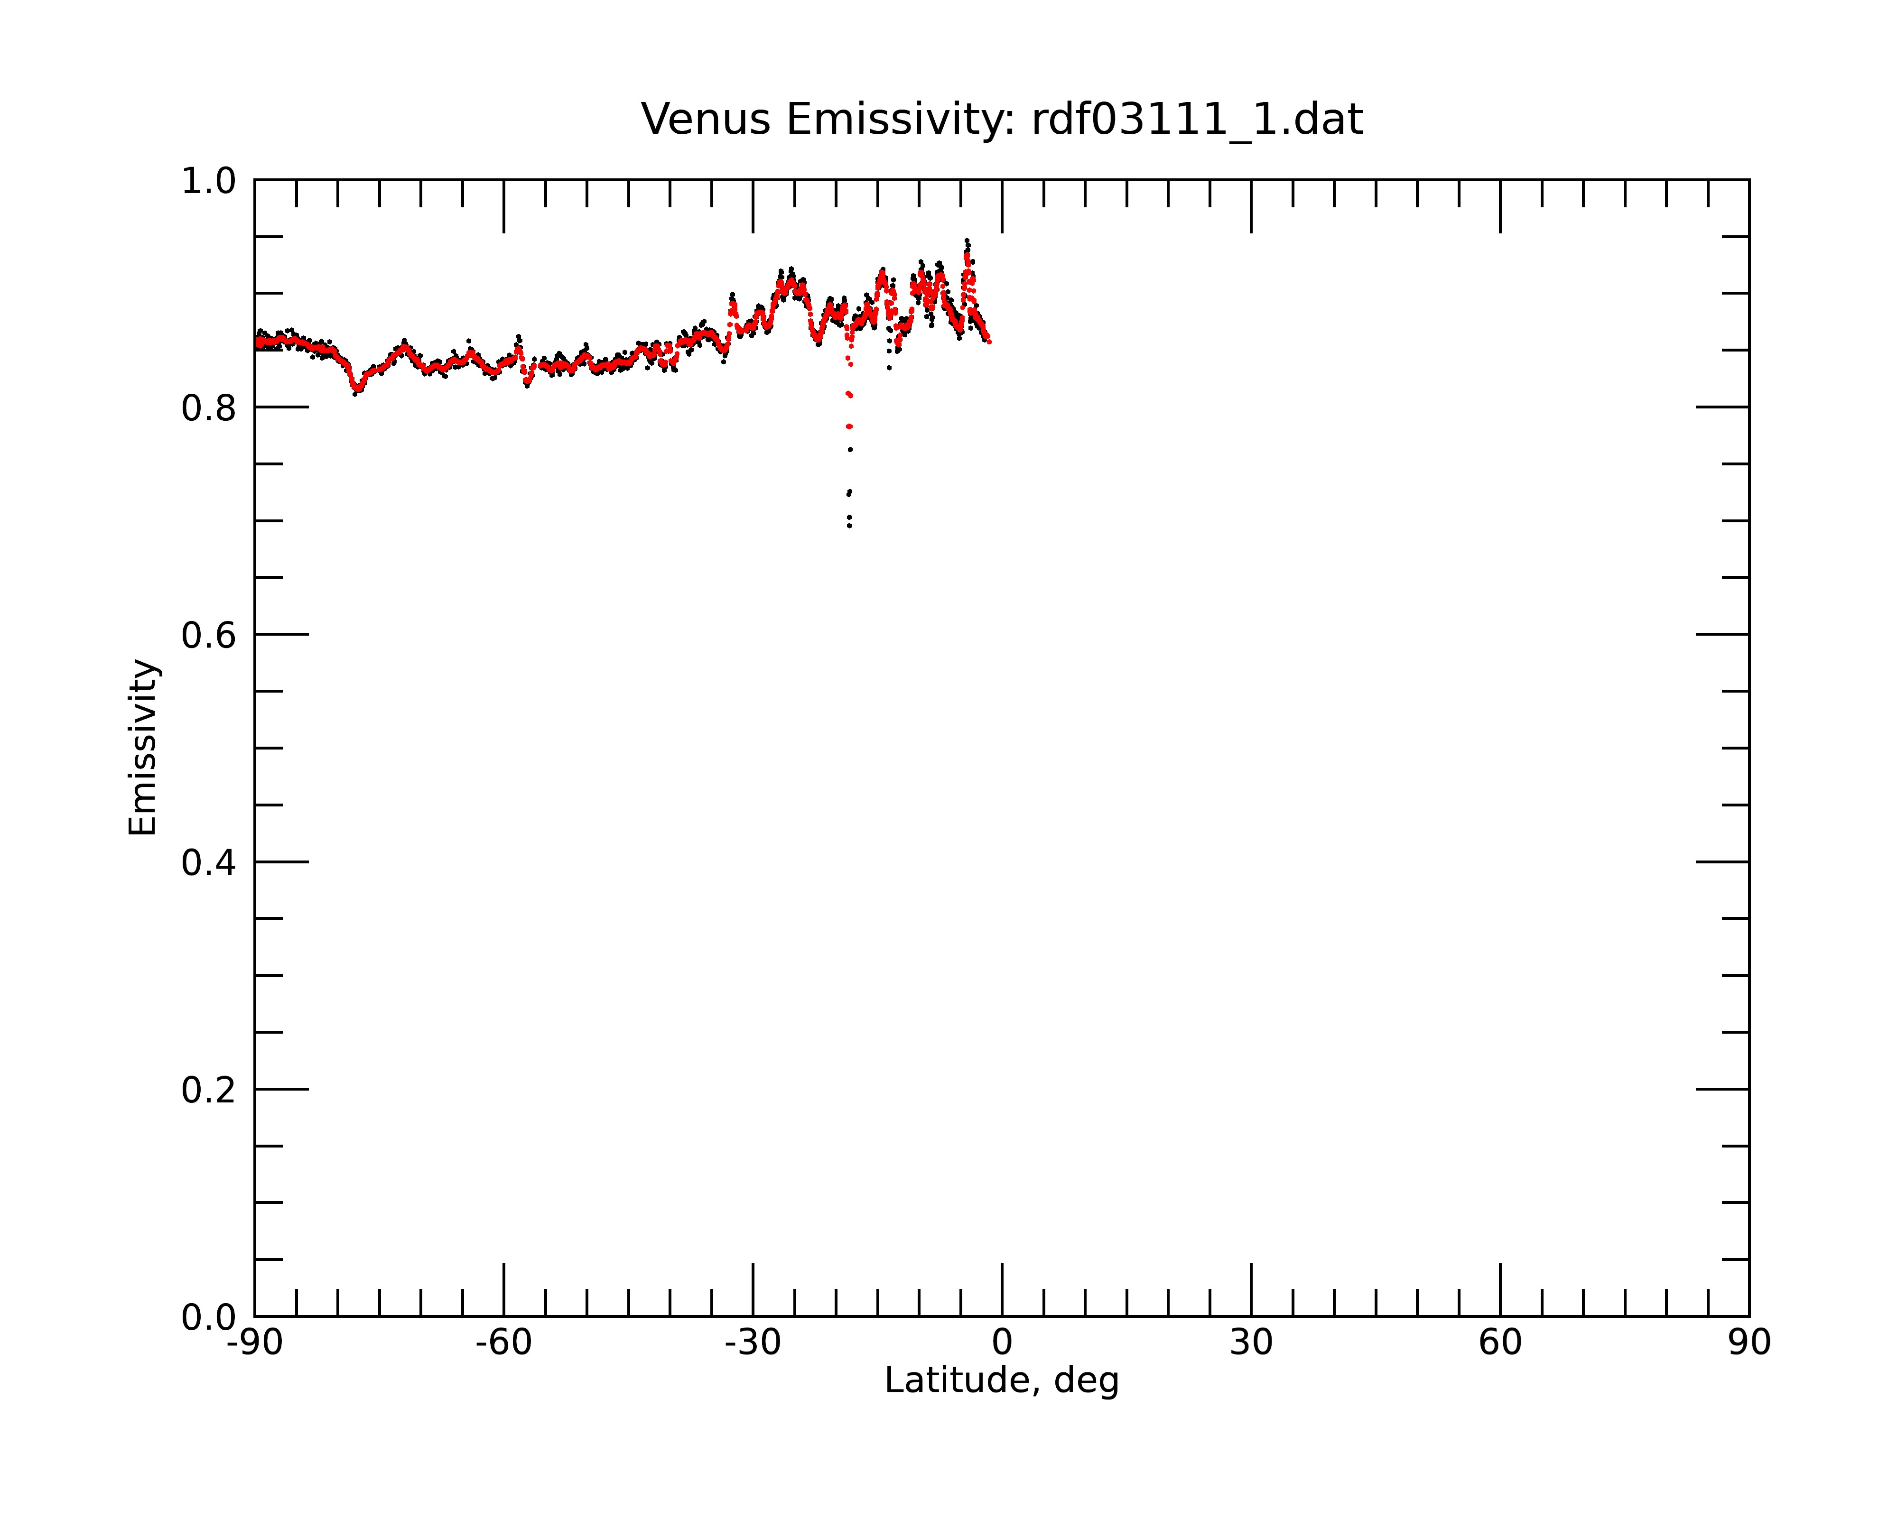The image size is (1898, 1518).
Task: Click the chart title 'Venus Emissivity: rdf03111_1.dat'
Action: coord(1002,120)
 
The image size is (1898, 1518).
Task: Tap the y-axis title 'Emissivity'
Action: coord(143,747)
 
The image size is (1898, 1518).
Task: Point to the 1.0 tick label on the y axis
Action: coord(209,181)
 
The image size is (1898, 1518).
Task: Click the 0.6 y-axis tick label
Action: coord(209,635)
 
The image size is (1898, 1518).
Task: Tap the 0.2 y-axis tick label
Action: coord(209,1090)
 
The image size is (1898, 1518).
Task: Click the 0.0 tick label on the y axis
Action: coord(209,1317)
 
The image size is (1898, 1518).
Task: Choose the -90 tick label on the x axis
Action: coord(254,1343)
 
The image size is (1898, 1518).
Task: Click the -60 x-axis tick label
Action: coord(503,1343)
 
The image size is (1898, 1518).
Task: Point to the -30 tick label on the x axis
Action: coord(753,1343)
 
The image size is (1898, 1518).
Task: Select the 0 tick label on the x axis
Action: coord(1002,1343)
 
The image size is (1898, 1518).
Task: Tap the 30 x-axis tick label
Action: coord(1251,1343)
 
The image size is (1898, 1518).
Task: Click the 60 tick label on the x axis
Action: coord(1500,1343)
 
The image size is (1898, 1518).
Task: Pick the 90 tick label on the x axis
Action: coord(1749,1343)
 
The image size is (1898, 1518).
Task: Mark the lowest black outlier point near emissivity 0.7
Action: coord(849,526)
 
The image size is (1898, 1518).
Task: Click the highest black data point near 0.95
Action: coord(967,240)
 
